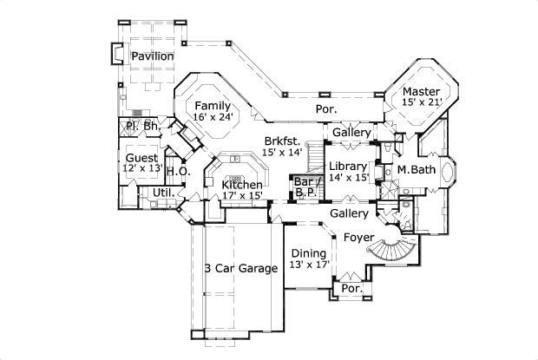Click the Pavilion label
[x=153, y=56]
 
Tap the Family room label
[x=212, y=106]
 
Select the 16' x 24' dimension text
[x=213, y=117]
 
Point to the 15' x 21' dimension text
[x=422, y=102]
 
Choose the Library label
[x=347, y=166]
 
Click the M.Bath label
[x=417, y=169]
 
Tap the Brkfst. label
[x=283, y=141]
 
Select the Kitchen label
[x=241, y=185]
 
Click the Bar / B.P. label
[x=306, y=186]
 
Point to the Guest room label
[x=141, y=158]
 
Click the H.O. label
[x=178, y=171]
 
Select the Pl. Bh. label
[x=141, y=127]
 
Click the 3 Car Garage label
[x=240, y=269]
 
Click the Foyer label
[x=358, y=236]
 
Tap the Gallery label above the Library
[x=351, y=132]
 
